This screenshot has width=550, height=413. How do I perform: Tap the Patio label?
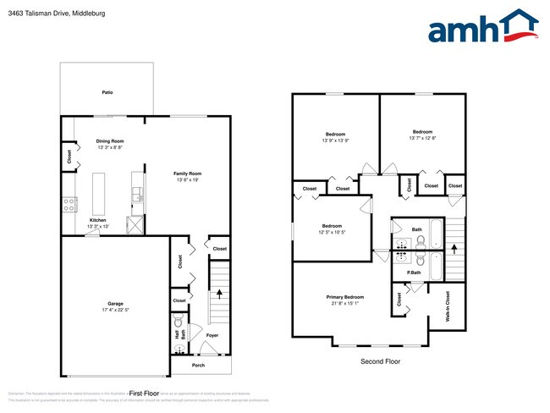107,91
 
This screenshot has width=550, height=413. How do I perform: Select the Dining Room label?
110,140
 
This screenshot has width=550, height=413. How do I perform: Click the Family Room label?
188,173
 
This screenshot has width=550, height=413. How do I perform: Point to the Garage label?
115,303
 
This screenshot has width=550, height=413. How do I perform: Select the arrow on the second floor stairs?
454,249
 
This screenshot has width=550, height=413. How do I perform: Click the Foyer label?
212,335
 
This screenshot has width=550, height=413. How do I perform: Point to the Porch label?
198,366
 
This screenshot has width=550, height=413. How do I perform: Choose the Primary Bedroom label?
345,297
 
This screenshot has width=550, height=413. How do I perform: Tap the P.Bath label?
415,273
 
